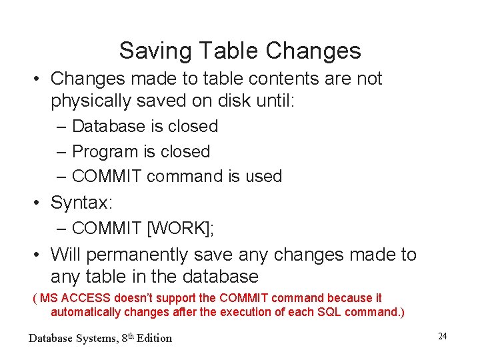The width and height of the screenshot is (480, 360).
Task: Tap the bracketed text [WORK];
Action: point(180,228)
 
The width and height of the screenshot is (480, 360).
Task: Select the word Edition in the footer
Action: point(154,338)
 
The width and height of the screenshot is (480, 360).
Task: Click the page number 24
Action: point(442,336)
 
